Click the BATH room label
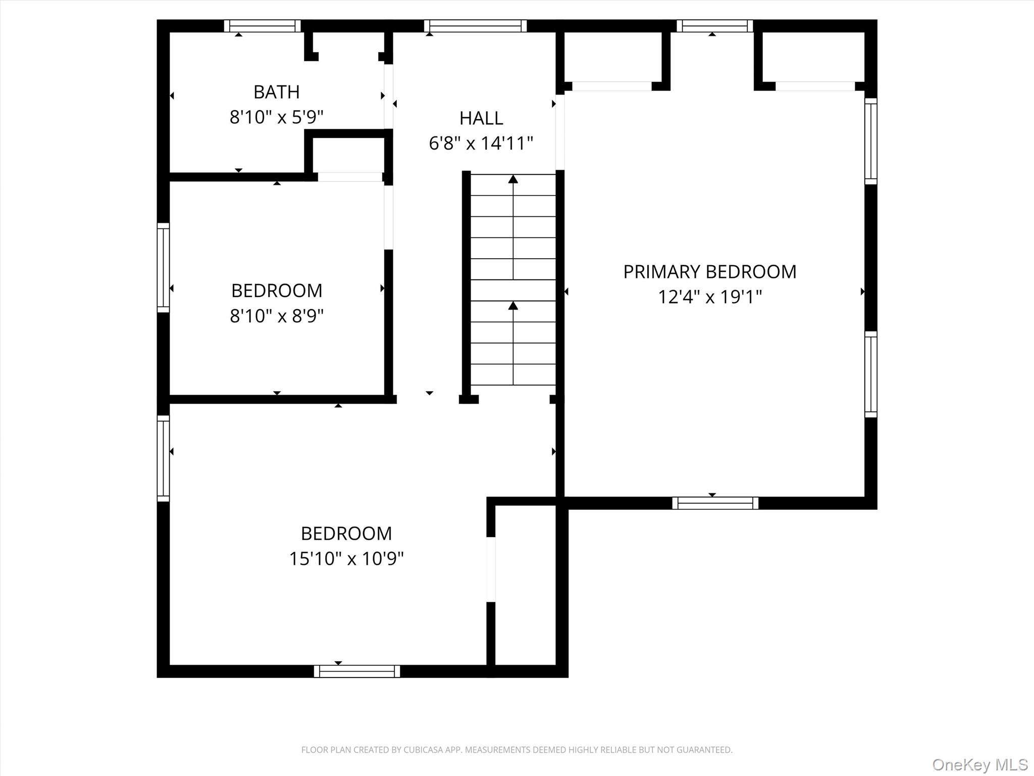(x=276, y=92)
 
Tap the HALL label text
(x=481, y=118)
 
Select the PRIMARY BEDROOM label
(x=709, y=272)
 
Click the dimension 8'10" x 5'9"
(x=276, y=117)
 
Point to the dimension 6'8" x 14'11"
(x=481, y=143)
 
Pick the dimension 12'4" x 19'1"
(x=709, y=297)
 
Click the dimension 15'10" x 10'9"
(x=346, y=559)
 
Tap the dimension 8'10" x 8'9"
(x=276, y=316)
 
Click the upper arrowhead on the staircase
(x=513, y=179)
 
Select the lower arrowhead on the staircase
(x=513, y=305)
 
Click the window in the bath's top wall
(x=262, y=26)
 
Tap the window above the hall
(x=475, y=26)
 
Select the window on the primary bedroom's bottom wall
(x=715, y=503)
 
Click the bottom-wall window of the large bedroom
(x=356, y=671)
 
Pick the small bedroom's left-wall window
(x=163, y=267)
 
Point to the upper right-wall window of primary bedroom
(x=870, y=141)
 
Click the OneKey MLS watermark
(x=979, y=765)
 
